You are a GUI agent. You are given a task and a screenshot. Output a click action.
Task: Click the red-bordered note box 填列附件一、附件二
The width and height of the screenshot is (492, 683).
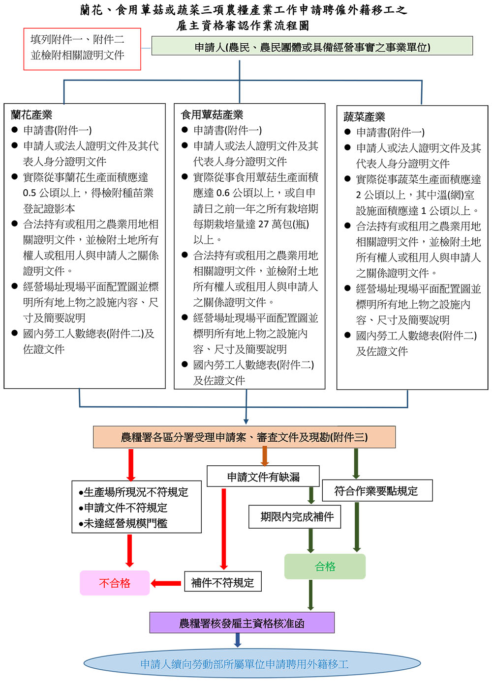[x=82, y=49]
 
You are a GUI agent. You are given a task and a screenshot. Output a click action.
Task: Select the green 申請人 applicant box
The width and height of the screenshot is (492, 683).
[x=312, y=46]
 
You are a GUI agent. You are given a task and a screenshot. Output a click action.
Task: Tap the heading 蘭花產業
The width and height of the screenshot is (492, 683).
[x=31, y=115]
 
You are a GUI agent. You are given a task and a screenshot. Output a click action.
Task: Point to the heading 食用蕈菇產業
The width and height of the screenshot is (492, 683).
[x=212, y=115]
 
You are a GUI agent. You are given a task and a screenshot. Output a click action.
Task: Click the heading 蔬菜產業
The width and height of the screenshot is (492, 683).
[x=364, y=117]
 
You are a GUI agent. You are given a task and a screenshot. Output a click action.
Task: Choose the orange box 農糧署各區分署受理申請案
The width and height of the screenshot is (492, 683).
[x=244, y=437]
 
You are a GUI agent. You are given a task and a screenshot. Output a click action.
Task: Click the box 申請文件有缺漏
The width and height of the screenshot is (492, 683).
[x=263, y=477]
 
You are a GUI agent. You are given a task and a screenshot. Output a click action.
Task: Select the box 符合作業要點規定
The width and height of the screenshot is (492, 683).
[x=376, y=490]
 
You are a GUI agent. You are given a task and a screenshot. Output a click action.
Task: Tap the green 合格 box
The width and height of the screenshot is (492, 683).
[x=325, y=567]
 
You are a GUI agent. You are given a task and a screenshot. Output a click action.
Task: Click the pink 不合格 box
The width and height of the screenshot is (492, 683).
[x=115, y=583]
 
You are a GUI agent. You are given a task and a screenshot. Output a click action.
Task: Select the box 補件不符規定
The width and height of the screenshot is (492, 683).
[x=222, y=582]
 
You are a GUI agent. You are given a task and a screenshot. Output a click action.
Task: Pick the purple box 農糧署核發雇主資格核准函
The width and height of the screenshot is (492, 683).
[x=242, y=623]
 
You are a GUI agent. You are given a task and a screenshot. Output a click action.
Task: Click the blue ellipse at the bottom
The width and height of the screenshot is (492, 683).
[x=245, y=664]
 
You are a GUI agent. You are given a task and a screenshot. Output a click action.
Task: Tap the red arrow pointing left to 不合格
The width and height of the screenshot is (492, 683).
[x=166, y=583]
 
